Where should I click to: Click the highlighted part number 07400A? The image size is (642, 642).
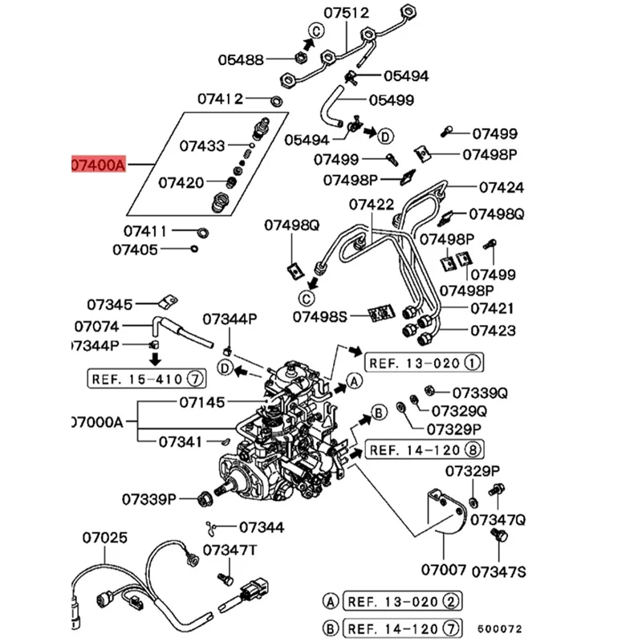pyautogui.click(x=98, y=165)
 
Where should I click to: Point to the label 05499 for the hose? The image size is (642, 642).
pyautogui.click(x=391, y=100)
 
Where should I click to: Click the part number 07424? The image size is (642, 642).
pyautogui.click(x=502, y=187)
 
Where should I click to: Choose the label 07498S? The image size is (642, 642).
pyautogui.click(x=319, y=316)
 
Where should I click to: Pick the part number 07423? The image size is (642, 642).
pyautogui.click(x=493, y=331)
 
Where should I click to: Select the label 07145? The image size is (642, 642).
pyautogui.click(x=201, y=401)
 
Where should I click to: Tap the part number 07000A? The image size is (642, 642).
pyautogui.click(x=96, y=421)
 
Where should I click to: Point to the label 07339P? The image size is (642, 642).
pyautogui.click(x=149, y=500)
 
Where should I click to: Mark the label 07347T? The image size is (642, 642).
pyautogui.click(x=230, y=551)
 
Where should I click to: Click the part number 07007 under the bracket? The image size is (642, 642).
pyautogui.click(x=444, y=571)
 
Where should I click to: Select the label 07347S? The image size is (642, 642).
pyautogui.click(x=498, y=571)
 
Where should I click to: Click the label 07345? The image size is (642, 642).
pyautogui.click(x=109, y=305)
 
